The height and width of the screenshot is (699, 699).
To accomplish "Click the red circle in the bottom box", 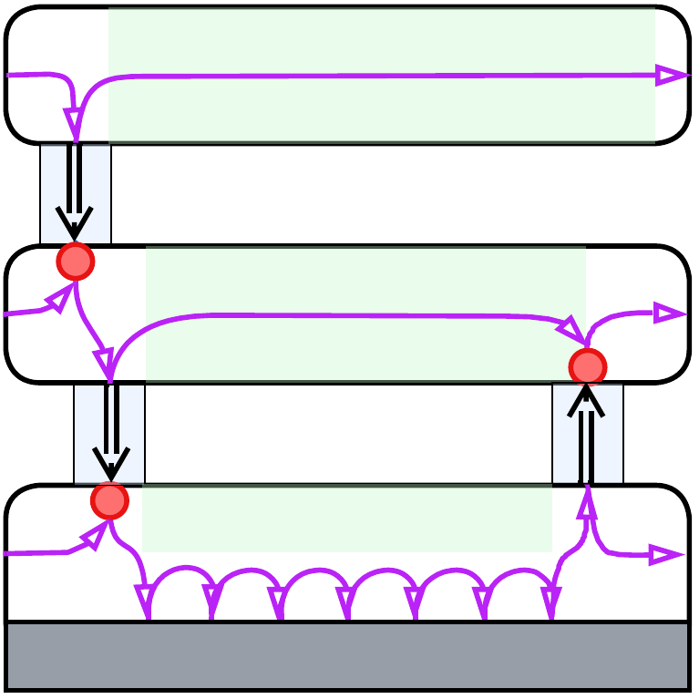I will pyautogui.click(x=109, y=500).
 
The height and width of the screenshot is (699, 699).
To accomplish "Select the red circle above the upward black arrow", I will pyautogui.click(x=588, y=366).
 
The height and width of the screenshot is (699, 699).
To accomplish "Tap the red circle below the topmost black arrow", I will pyautogui.click(x=76, y=262).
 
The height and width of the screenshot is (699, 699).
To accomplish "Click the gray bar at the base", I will pyautogui.click(x=347, y=656).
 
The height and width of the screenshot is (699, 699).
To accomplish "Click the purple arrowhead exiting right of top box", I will pyautogui.click(x=672, y=76).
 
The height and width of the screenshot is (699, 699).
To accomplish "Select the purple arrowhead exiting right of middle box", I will pyautogui.click(x=670, y=314).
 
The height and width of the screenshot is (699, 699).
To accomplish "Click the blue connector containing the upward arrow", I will pyautogui.click(x=588, y=434).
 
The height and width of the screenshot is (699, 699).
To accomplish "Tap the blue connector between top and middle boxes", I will pyautogui.click(x=76, y=194).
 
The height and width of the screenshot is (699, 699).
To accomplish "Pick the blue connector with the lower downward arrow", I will pyautogui.click(x=109, y=434).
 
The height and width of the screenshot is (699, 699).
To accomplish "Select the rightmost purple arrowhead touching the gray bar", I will pyautogui.click(x=550, y=602).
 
